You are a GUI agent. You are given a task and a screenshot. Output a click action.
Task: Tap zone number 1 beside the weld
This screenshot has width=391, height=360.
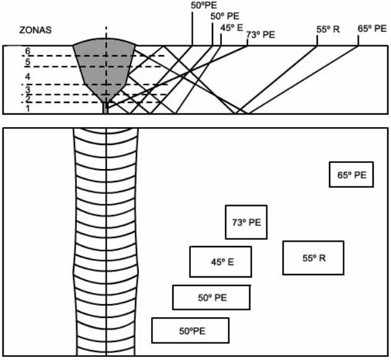tap(27, 108)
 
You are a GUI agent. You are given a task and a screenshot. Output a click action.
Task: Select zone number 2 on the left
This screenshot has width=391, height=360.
tap(27, 99)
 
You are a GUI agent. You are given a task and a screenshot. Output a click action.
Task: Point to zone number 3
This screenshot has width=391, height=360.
tap(27, 90)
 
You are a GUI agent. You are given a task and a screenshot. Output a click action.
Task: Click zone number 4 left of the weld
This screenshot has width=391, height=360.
tap(27, 76)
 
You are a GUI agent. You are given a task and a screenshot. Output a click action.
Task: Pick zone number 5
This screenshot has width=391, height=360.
tap(27, 63)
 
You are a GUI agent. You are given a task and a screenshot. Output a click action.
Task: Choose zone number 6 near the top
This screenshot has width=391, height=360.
tap(27, 51)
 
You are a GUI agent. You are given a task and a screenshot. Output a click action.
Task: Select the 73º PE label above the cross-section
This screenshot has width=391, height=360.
tap(260, 35)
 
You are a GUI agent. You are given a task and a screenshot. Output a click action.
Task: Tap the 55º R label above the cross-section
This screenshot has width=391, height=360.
tap(328, 29)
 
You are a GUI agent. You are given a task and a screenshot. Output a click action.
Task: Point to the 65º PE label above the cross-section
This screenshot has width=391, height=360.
tap(372, 29)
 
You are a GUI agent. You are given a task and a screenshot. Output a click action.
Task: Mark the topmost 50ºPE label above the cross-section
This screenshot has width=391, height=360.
tap(205, 5)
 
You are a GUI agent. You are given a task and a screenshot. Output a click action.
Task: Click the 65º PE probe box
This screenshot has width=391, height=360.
tap(351, 175)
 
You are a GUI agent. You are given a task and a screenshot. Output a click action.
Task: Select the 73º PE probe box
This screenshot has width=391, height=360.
tap(246, 222)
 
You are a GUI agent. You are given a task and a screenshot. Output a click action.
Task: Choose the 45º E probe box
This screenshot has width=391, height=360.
tap(221, 262)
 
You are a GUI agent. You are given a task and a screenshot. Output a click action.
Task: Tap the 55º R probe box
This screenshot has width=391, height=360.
tap(313, 258)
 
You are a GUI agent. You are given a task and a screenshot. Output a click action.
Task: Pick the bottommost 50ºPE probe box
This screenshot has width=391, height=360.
tap(190, 330)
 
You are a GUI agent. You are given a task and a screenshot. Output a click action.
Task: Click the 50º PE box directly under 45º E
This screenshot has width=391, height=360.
tap(211, 297)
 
